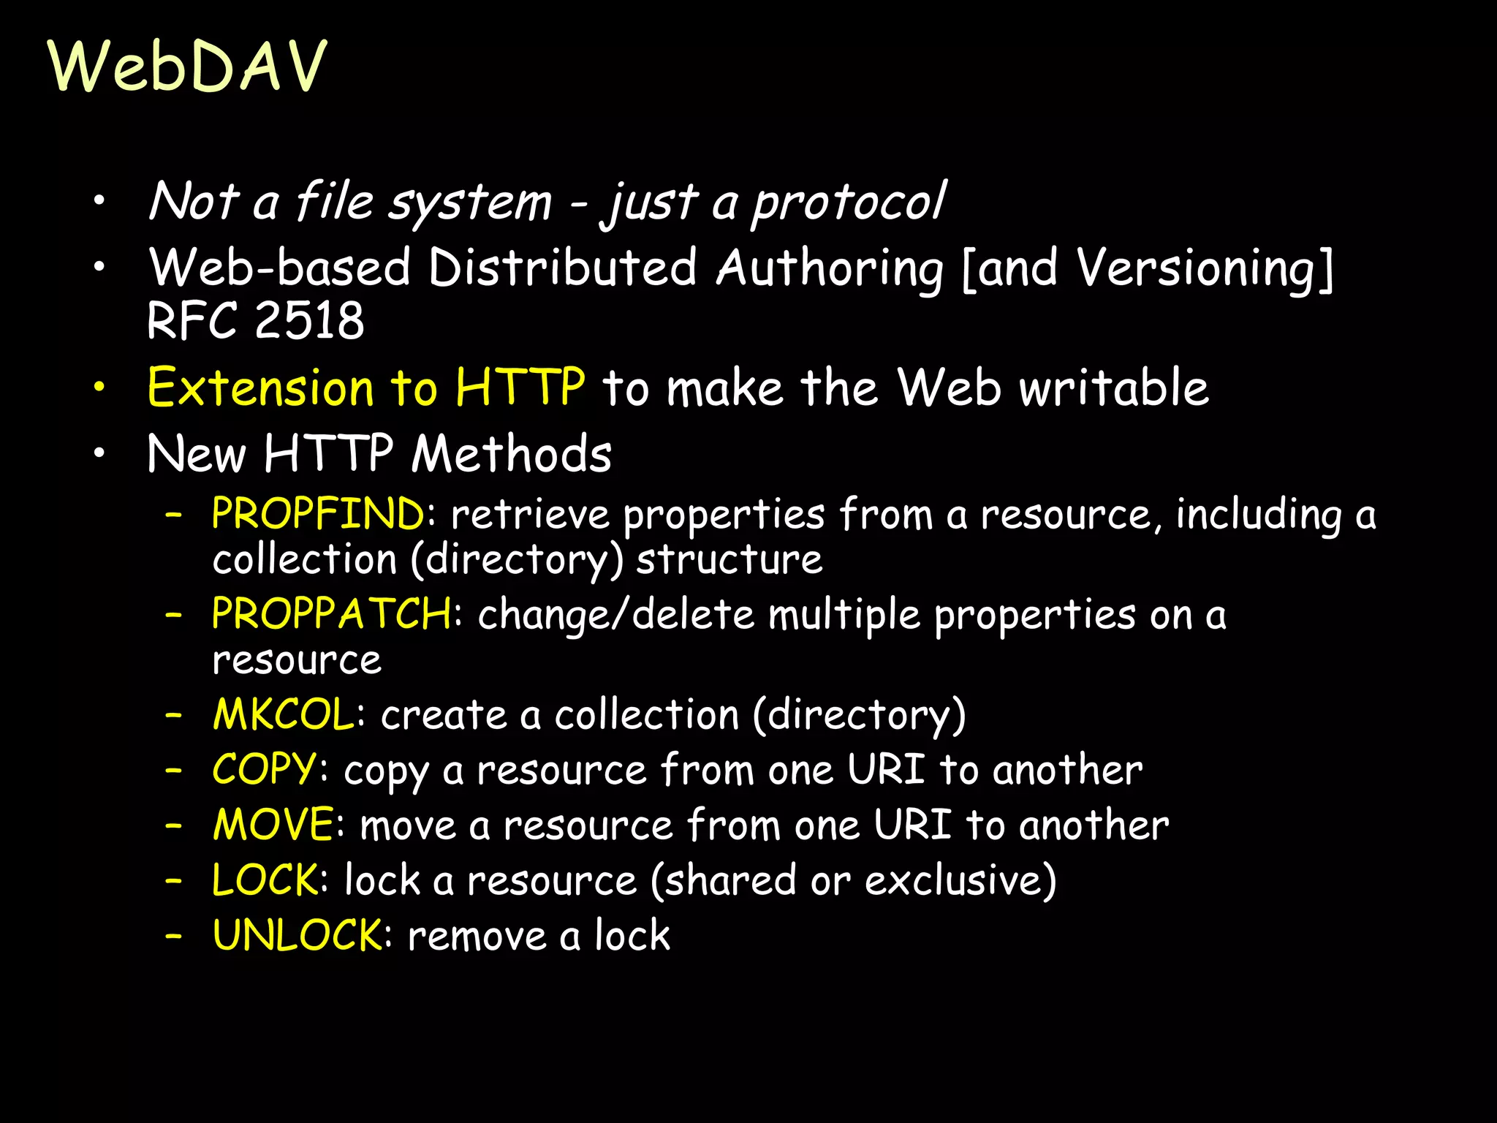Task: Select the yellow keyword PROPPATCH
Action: [331, 613]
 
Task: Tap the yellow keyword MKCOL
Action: [284, 714]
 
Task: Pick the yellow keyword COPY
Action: [265, 769]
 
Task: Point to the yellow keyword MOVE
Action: [273, 825]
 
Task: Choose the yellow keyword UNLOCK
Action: [297, 935]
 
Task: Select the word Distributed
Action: [562, 268]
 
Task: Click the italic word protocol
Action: [849, 202]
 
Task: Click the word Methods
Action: [511, 454]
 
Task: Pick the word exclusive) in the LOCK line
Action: [960, 880]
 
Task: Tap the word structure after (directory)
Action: [729, 560]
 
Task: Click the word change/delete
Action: [615, 614]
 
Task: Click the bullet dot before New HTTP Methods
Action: [99, 453]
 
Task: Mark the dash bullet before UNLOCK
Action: [173, 935]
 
